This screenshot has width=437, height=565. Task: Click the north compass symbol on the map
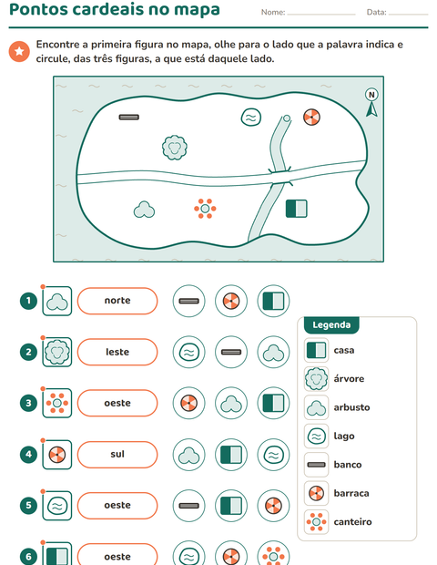371,103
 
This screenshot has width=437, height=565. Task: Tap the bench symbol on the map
129,118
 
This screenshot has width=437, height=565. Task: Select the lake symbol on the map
251,118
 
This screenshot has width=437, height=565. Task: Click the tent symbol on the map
311,118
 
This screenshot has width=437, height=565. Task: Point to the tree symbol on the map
175,148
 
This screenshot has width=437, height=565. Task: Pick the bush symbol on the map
144,210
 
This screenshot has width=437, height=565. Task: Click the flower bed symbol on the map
205,209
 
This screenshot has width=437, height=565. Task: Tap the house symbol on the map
296,209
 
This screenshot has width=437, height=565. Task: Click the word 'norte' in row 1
117,300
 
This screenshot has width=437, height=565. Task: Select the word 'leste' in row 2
117,352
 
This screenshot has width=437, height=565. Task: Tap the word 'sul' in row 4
117,454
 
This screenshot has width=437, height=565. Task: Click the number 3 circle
28,403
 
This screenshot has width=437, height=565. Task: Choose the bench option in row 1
189,301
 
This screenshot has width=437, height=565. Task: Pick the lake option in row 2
189,352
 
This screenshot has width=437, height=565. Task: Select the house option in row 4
231,455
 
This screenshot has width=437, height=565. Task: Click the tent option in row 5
273,506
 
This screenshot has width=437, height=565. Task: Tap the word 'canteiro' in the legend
352,522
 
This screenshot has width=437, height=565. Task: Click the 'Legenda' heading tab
331,325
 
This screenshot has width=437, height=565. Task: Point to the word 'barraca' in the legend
351,493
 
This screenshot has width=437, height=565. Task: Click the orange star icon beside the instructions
19,51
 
